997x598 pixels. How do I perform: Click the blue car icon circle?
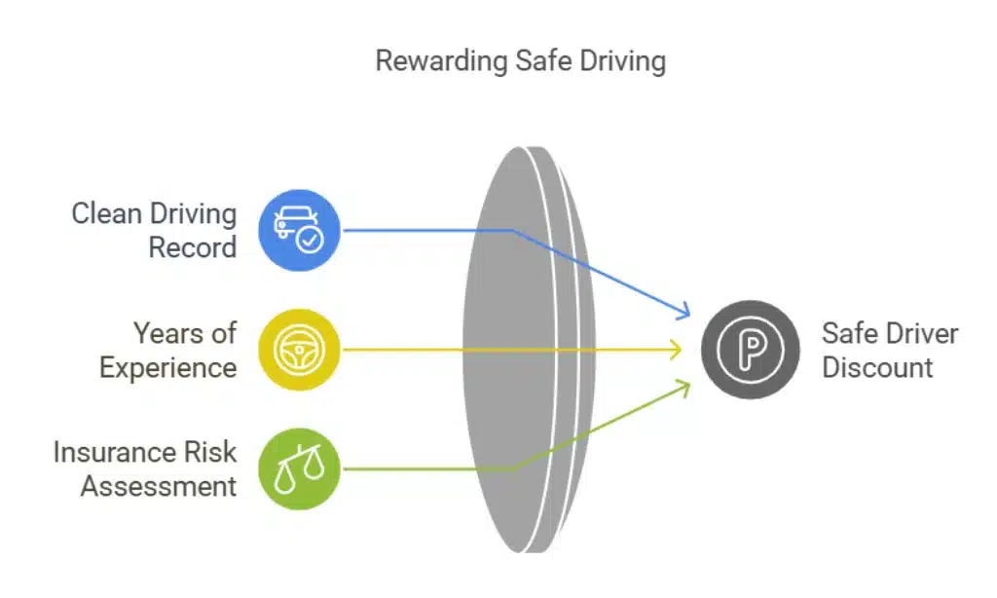point(299,230)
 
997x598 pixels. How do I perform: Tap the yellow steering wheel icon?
point(299,349)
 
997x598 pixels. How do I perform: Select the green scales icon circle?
point(299,468)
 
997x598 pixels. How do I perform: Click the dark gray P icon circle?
point(750,349)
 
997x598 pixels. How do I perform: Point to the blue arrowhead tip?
point(689,316)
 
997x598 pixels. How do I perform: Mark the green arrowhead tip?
point(689,383)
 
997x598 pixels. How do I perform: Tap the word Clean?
point(106,213)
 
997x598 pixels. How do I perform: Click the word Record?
point(193,247)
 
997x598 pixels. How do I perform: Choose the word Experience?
point(167,367)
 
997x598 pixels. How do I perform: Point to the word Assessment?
point(158,486)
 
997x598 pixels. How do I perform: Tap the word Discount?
point(877,367)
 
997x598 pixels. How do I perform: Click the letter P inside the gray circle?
point(751,350)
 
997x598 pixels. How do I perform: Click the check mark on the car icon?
point(311,240)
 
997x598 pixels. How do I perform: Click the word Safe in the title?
point(538,60)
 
